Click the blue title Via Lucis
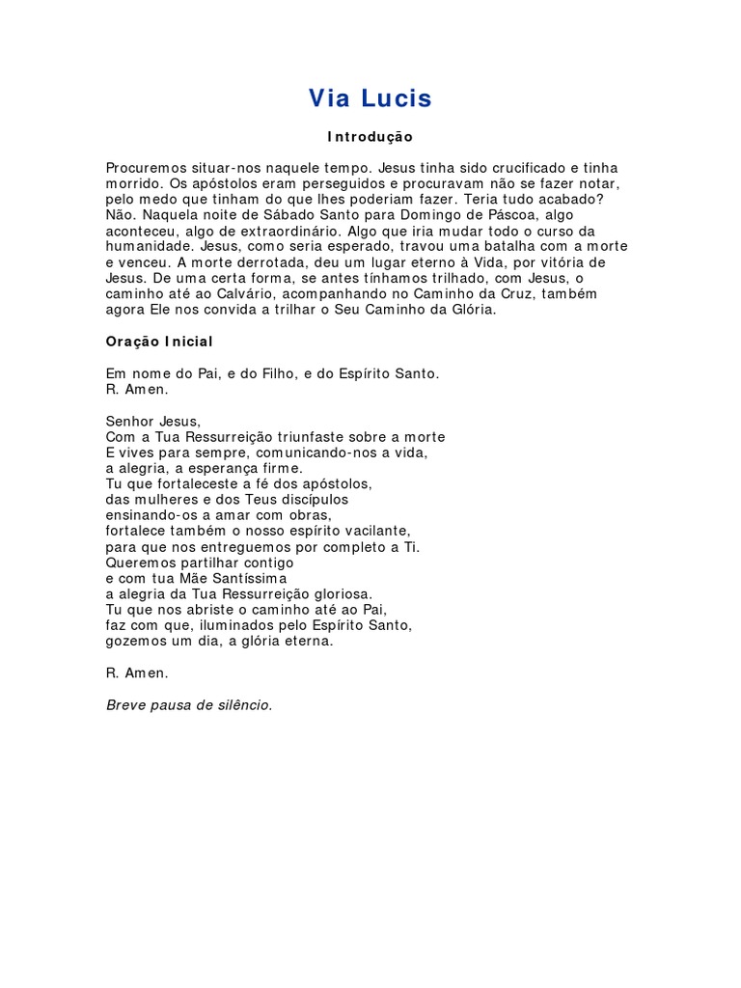[x=370, y=98]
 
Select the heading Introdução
[x=370, y=137]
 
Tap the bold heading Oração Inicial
[x=159, y=342]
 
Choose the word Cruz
[x=490, y=294]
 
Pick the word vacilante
[x=377, y=531]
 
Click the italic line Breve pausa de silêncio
[x=189, y=704]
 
